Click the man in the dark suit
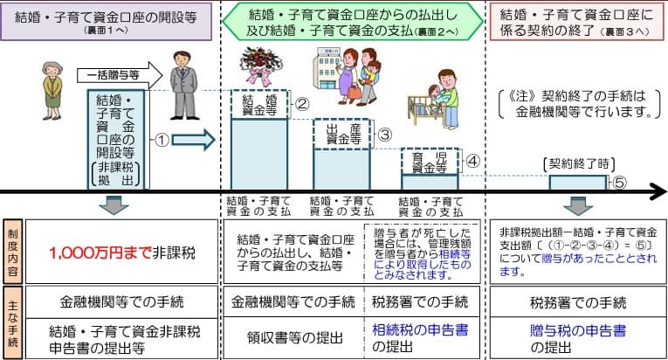[183, 84]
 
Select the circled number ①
[162, 138]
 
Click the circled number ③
[384, 135]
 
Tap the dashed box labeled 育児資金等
[430, 162]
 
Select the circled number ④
[472, 162]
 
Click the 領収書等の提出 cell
[289, 337]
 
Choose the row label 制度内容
[11, 251]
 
